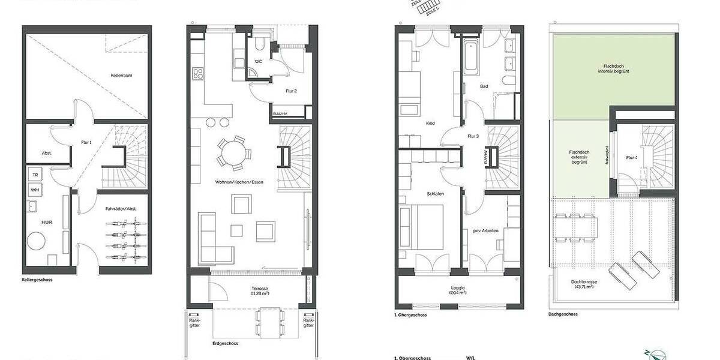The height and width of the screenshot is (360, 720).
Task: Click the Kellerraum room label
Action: pyautogui.click(x=121, y=76)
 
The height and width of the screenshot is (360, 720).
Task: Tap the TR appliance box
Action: pyautogui.click(x=34, y=174)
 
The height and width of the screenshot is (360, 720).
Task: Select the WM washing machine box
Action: pyautogui.click(x=34, y=190)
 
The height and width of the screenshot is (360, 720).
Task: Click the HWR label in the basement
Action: pyautogui.click(x=46, y=222)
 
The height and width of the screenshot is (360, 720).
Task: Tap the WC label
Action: pyautogui.click(x=259, y=61)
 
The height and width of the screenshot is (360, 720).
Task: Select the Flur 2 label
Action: pyautogui.click(x=292, y=91)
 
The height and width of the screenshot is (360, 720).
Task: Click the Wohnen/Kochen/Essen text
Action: pyautogui.click(x=239, y=182)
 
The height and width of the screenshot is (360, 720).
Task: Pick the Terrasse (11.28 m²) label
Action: pyautogui.click(x=260, y=291)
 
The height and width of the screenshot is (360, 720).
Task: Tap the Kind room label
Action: pyautogui.click(x=430, y=124)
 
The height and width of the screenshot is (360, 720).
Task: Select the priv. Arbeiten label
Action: pyautogui.click(x=485, y=230)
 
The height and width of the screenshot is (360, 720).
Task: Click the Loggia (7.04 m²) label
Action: pyautogui.click(x=457, y=291)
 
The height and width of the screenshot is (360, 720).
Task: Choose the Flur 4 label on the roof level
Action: pyautogui.click(x=631, y=158)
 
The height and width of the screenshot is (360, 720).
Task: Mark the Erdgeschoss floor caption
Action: pyautogui.click(x=226, y=344)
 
